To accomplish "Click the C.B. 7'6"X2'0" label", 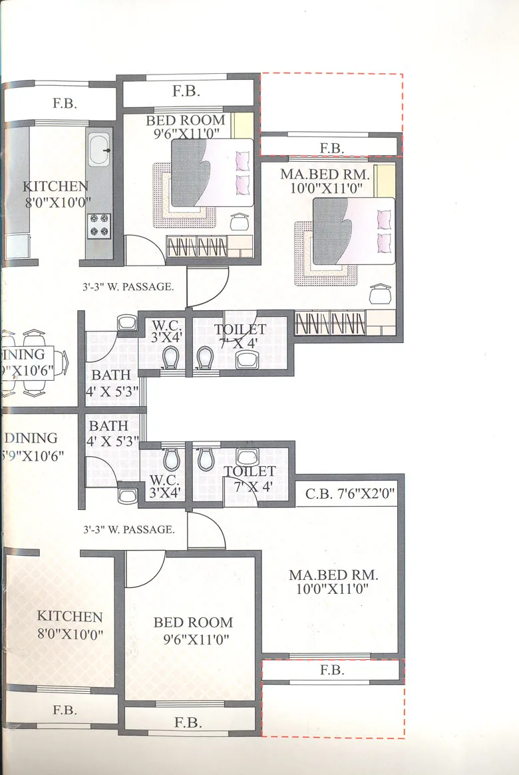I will [350, 495].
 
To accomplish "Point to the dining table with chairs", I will [33, 360].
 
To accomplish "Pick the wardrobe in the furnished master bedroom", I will [331, 324].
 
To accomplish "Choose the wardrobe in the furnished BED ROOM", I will [197, 246].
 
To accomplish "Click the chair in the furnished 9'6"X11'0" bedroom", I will [239, 222].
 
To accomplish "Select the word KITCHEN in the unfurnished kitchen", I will [70, 617].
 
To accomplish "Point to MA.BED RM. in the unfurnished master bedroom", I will [333, 575].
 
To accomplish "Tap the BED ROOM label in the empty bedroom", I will [193, 623].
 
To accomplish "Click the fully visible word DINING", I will [31, 438].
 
